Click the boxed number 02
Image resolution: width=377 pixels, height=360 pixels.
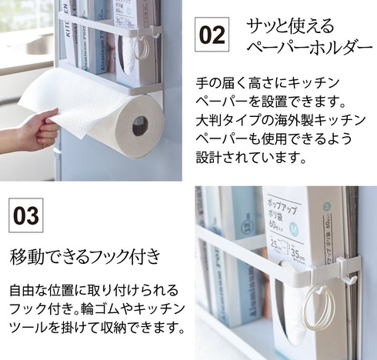213,35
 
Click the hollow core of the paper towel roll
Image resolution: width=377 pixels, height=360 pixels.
140,125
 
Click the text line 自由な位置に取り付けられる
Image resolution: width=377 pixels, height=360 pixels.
94,290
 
